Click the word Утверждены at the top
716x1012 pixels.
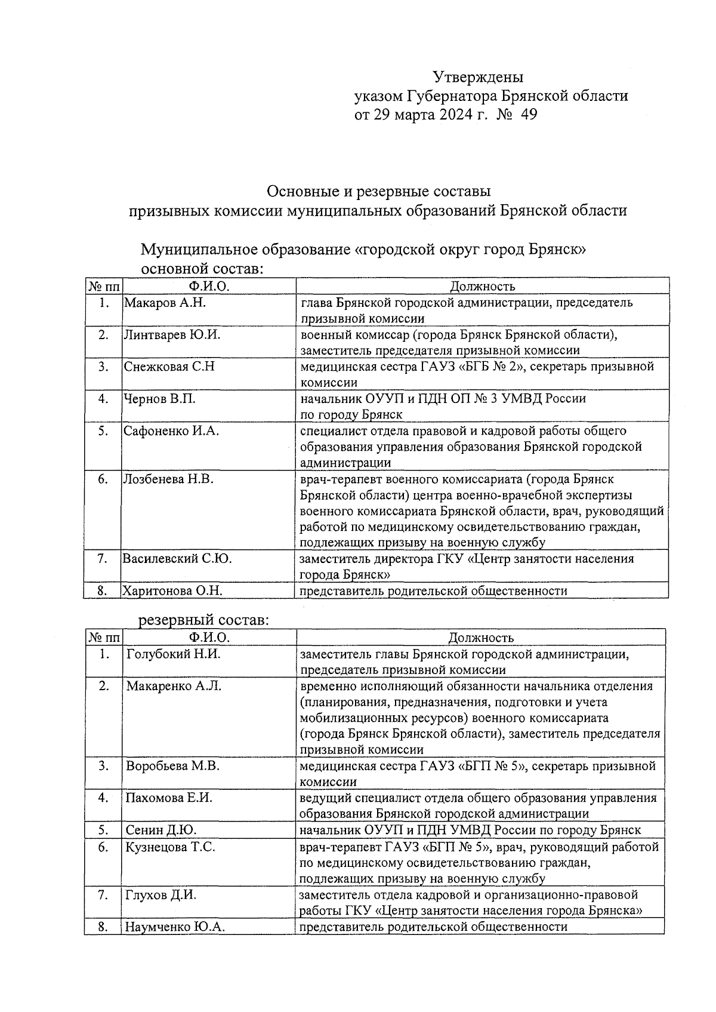click(477, 78)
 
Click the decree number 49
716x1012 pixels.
click(529, 115)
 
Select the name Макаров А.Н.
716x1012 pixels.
click(165, 303)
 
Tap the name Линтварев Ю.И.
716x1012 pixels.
click(172, 335)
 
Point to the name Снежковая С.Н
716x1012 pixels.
click(169, 367)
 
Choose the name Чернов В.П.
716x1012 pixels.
click(159, 399)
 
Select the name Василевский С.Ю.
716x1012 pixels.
click(177, 559)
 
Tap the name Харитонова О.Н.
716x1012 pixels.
click(172, 591)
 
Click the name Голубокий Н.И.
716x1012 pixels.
click(174, 654)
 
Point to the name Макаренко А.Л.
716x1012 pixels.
click(174, 687)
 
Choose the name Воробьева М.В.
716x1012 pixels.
click(172, 766)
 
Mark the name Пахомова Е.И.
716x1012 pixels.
click(169, 798)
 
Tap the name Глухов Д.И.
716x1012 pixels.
click(161, 895)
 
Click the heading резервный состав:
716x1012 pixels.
click(204, 620)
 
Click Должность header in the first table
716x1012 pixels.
click(482, 287)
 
